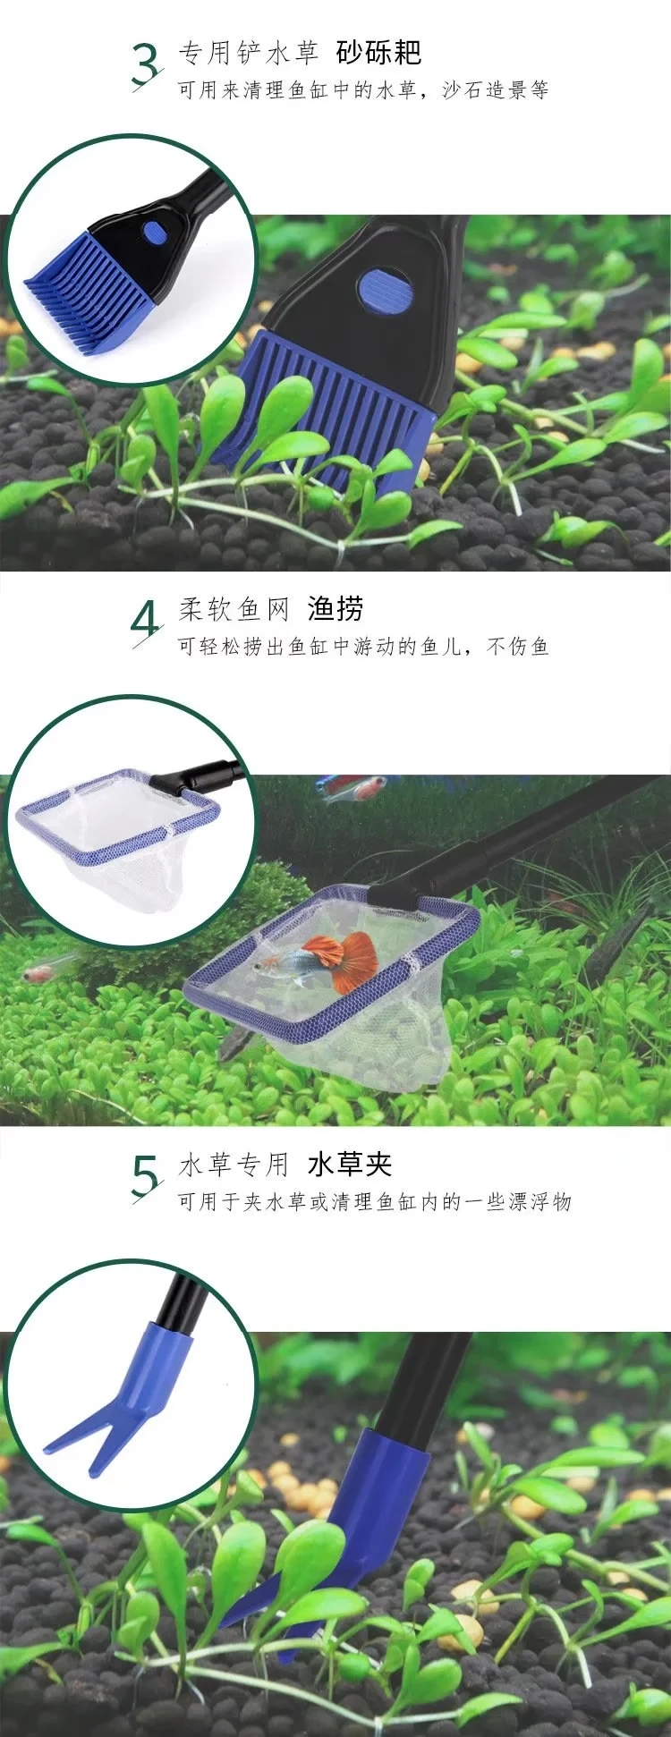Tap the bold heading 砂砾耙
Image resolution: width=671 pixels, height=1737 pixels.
tap(378, 53)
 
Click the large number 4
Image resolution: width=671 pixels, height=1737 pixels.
tap(146, 620)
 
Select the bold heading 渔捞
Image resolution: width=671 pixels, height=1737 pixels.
tap(335, 609)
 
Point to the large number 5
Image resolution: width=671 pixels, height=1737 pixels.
tap(146, 1175)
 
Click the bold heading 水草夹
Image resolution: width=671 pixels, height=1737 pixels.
tap(350, 1165)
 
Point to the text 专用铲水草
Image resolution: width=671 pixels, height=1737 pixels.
tap(249, 54)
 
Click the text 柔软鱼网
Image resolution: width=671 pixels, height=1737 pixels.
tap(234, 610)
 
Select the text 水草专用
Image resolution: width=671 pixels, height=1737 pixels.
tap(234, 1165)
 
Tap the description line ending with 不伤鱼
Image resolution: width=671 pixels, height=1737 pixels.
tap(363, 647)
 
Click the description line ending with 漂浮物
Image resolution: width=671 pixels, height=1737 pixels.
tap(375, 1202)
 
